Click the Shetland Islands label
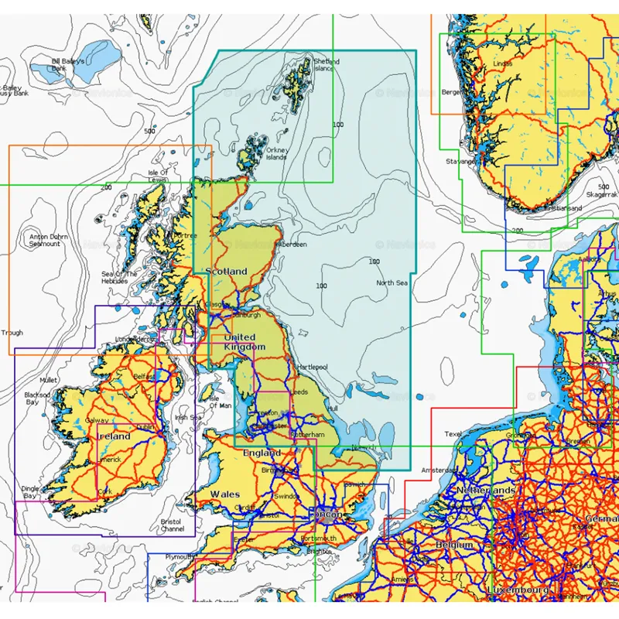(323, 64)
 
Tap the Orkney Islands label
(276, 153)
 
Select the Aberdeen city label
(290, 244)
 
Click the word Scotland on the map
(226, 272)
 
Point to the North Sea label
(392, 283)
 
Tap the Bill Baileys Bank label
(67, 64)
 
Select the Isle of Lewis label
(158, 176)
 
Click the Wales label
(225, 493)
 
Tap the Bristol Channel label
(172, 525)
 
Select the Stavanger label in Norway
(460, 162)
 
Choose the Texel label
(453, 434)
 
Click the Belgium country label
(453, 545)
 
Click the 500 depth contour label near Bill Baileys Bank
(149, 131)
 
